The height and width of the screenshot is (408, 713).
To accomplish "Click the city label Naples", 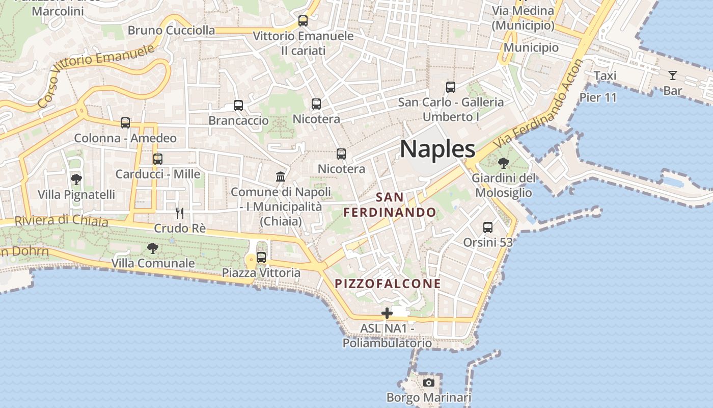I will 437,149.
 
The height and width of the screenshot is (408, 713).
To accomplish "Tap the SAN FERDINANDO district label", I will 390,205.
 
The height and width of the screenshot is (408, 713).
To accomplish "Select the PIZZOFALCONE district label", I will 388,284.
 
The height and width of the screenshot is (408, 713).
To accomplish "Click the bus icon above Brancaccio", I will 238,106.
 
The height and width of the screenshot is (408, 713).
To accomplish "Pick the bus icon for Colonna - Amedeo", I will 125,123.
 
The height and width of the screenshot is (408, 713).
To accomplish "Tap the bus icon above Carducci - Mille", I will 158,159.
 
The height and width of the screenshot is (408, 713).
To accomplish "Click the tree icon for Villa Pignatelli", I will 76,180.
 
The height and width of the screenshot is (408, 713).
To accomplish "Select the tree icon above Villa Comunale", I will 152,248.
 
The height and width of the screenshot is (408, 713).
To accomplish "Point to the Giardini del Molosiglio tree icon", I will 504,163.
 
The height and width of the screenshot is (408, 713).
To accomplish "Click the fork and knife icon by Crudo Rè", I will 180,213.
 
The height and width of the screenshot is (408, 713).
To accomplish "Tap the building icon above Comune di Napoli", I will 281,177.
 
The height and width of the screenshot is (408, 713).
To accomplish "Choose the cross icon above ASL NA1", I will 387,313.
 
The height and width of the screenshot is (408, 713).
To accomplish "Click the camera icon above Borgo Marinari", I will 429,382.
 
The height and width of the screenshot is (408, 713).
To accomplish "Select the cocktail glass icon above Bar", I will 673,76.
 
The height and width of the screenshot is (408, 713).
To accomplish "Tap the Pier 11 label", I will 598,97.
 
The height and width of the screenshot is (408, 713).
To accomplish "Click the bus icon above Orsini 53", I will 488,227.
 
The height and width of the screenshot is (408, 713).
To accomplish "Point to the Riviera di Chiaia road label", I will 61,221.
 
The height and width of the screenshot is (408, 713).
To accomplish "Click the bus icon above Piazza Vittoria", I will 261,258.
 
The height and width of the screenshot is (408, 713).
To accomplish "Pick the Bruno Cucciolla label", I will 171,30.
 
